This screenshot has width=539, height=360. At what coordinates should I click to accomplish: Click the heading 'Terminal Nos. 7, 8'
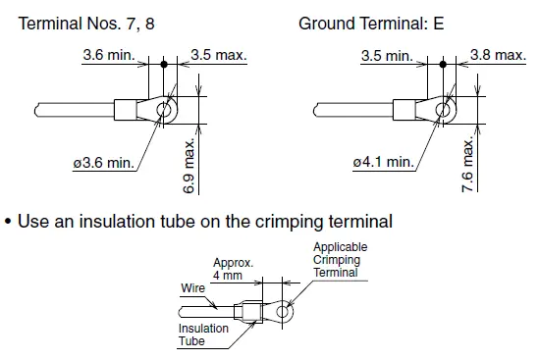click(86, 24)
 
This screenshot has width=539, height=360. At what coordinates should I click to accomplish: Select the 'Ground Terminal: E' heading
click(371, 24)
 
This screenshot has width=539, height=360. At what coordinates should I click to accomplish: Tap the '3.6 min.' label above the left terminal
click(109, 55)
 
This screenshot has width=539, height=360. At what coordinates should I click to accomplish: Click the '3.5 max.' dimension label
click(219, 55)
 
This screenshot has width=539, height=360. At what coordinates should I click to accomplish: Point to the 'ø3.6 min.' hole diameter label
click(103, 163)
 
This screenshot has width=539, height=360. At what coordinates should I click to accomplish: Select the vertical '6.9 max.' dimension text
click(189, 166)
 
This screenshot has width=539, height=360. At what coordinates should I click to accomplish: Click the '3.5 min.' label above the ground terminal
click(387, 56)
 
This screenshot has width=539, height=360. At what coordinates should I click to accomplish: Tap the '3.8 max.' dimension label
click(498, 55)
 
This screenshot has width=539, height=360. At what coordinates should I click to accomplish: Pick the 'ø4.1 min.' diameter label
click(384, 162)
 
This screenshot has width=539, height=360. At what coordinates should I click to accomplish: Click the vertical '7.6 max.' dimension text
click(468, 165)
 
